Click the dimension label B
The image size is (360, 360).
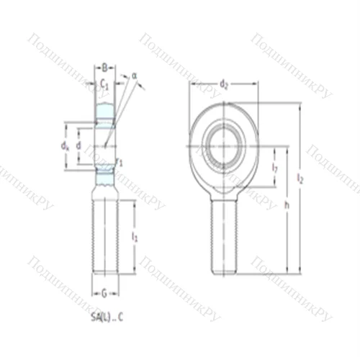pos(104,67)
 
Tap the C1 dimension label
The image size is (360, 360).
pos(104,84)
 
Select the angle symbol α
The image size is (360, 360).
pos(134,75)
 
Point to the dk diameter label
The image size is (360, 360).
pos(66,146)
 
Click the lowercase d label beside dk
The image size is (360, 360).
pos(78,145)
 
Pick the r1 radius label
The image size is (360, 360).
pos(119,162)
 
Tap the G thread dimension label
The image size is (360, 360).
pos(104,293)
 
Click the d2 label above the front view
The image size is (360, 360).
pos(224,85)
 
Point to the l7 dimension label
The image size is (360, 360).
pos(275,168)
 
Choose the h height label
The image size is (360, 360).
pos(287,205)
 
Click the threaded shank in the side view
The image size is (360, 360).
pos(104,238)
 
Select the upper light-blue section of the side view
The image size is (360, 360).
pos(105,112)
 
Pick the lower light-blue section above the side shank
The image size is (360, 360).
pos(105,176)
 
